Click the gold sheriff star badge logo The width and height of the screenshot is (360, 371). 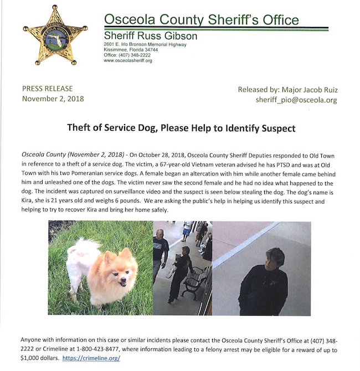click(55, 35)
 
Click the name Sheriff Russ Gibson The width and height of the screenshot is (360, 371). click(151, 37)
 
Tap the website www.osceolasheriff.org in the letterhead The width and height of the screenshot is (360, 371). click(128, 60)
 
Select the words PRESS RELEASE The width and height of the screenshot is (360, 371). click(47, 89)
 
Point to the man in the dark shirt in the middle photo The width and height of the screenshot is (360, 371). click(161, 252)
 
